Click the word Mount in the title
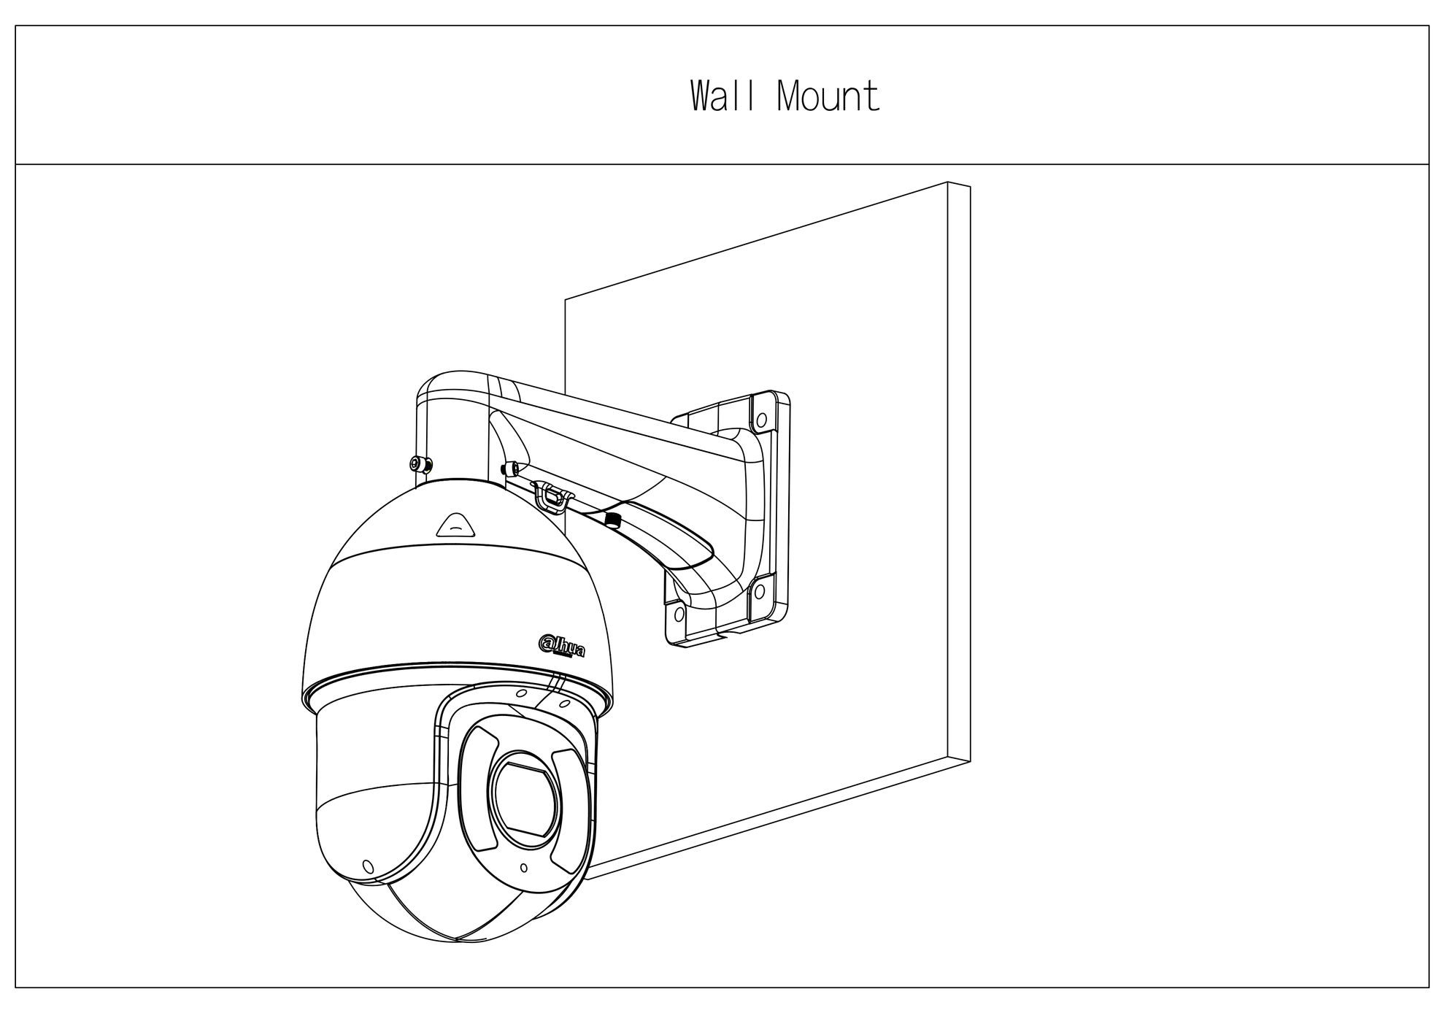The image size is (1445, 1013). tap(828, 96)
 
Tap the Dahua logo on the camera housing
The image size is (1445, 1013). tap(561, 645)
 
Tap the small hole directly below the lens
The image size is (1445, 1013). tap(524, 868)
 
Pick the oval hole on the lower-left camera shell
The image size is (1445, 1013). tap(368, 866)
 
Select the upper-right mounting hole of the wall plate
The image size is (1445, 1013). tap(761, 420)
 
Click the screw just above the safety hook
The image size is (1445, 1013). tap(509, 468)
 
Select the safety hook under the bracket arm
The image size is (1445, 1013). tap(552, 498)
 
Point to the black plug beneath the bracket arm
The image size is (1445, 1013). tap(612, 520)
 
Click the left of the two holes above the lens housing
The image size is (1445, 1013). tap(521, 693)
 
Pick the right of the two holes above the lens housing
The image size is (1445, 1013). tap(564, 705)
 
